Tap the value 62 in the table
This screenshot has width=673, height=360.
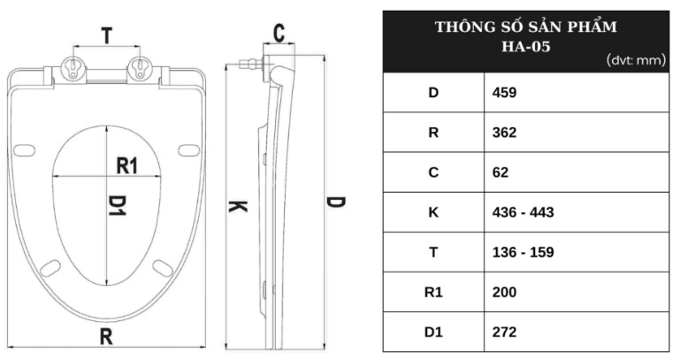tap(501, 172)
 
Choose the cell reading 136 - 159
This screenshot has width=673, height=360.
tap(523, 252)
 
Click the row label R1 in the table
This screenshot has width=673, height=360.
tap(433, 293)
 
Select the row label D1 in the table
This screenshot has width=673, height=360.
tap(433, 333)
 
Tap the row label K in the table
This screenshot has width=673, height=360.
tap(433, 212)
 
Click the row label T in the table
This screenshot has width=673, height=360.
tap(433, 252)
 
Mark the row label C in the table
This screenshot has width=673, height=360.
tap(433, 172)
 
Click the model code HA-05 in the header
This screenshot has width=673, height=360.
tap(525, 46)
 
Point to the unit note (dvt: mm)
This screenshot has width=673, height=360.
tap(635, 60)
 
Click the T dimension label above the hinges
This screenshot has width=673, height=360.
tap(106, 35)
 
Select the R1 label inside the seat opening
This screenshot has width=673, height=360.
tap(128, 165)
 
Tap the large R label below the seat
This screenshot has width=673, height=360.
tap(105, 336)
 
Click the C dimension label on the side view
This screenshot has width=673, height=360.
tap(279, 34)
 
